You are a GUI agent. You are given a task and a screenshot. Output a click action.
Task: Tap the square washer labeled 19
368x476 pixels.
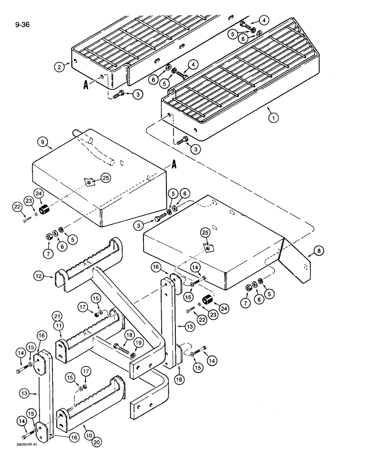pos(133,355)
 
